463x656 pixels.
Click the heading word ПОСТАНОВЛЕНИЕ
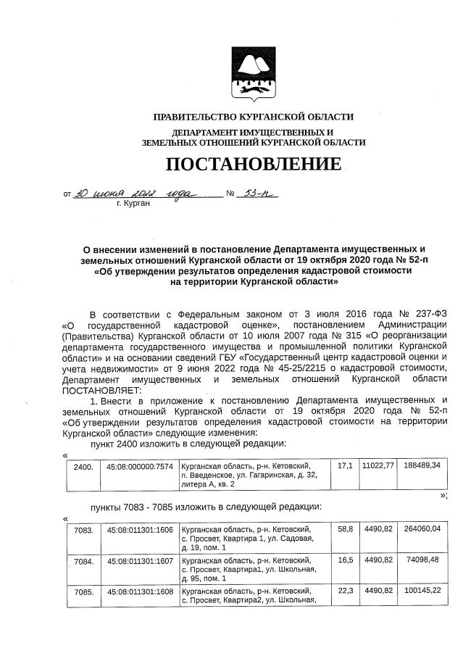pyautogui.click(x=253, y=164)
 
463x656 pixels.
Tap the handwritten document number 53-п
pyautogui.click(x=257, y=194)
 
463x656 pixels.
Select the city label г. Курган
pyautogui.click(x=133, y=205)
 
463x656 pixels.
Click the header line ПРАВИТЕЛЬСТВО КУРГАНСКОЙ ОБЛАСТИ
pyautogui.click(x=253, y=117)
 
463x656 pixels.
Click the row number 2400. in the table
pyautogui.click(x=83, y=467)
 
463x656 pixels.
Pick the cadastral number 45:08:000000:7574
pyautogui.click(x=140, y=467)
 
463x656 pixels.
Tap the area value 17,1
pyautogui.click(x=345, y=464)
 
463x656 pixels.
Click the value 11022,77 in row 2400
pyautogui.click(x=378, y=464)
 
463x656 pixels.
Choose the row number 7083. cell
pyautogui.click(x=83, y=531)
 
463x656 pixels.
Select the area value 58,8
pyautogui.click(x=345, y=529)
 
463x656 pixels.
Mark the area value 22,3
pyautogui.click(x=345, y=590)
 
